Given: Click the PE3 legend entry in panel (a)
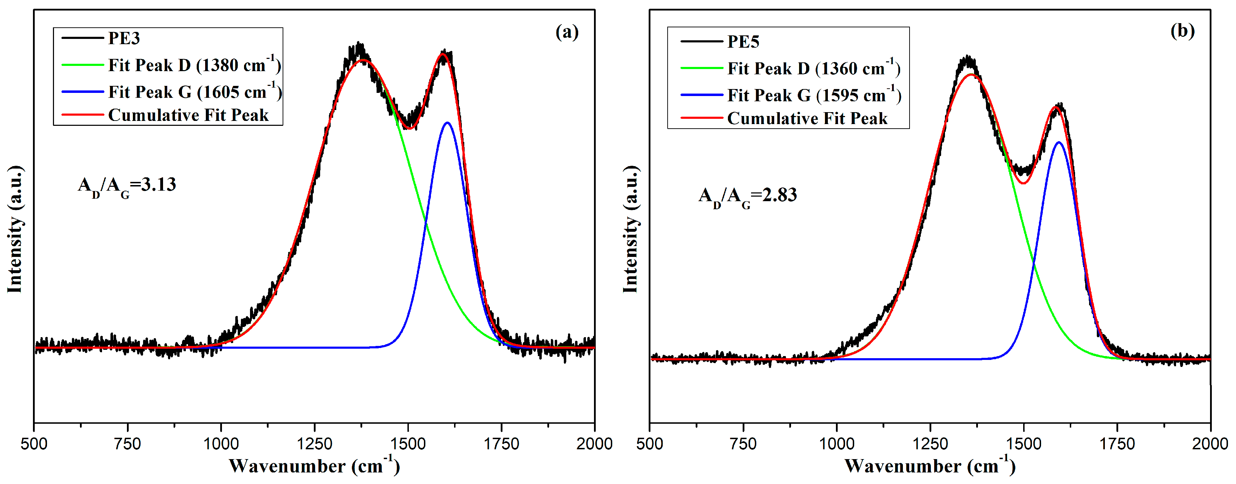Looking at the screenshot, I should (x=123, y=38).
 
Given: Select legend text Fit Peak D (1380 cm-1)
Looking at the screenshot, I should (x=194, y=65).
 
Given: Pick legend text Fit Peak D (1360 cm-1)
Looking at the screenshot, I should (x=814, y=69).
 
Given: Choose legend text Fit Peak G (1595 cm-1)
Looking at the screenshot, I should (x=814, y=95).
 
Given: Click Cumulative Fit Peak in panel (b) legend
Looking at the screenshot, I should (x=807, y=118).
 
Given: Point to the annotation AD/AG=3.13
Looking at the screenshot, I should (x=127, y=186).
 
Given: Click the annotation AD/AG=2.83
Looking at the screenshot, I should (x=748, y=196).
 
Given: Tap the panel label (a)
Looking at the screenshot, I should (x=567, y=32).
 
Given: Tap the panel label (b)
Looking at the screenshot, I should (x=1182, y=31).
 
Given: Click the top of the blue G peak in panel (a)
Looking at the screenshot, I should (x=447, y=123).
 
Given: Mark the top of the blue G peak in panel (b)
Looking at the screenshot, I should (x=1059, y=142).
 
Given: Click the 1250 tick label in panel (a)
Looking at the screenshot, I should (x=314, y=444).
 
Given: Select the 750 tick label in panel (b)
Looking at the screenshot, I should (x=743, y=444).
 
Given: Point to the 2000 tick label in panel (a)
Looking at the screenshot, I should (x=594, y=444).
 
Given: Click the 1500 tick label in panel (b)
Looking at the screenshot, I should (x=1024, y=444).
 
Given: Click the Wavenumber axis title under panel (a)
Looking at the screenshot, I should (x=314, y=466).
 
